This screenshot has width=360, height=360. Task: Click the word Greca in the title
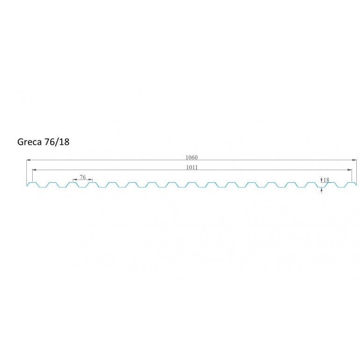tap(29, 142)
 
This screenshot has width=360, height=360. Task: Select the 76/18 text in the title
tap(57, 142)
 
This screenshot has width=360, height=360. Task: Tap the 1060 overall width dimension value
tap(192, 157)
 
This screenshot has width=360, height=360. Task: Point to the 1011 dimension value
tap(192, 167)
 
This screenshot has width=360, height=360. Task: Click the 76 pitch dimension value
tap(83, 177)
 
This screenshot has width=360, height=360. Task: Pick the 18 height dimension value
tap(326, 180)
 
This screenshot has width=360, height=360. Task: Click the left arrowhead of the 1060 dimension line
tap(29, 160)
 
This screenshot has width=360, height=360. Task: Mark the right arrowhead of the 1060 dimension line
tap(354, 160)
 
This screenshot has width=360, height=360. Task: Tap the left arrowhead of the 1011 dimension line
tap(35, 170)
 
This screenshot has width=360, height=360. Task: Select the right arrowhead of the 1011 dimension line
tap(350, 170)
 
